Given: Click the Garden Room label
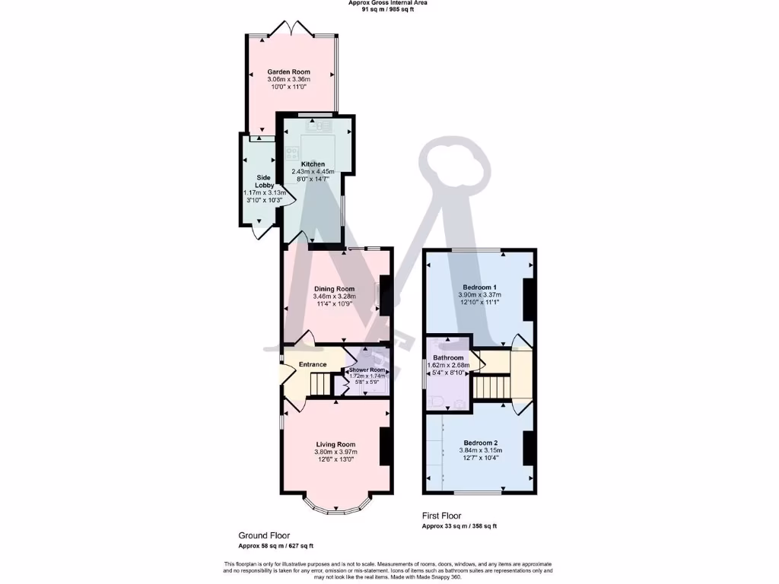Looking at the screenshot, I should point(288,71).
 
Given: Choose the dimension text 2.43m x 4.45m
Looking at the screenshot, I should point(313,172).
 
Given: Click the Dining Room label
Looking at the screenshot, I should point(335,289).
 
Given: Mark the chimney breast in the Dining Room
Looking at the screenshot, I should point(386,294).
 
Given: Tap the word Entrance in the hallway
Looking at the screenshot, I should point(312,365).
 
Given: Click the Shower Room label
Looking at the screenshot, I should point(367,370).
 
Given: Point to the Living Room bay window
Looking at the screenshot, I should point(335,505).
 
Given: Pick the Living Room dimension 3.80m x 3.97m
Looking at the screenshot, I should point(335,452).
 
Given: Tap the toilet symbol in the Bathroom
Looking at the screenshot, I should point(437,402).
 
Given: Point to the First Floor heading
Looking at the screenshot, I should point(442,516).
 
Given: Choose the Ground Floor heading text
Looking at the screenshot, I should point(264,535).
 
